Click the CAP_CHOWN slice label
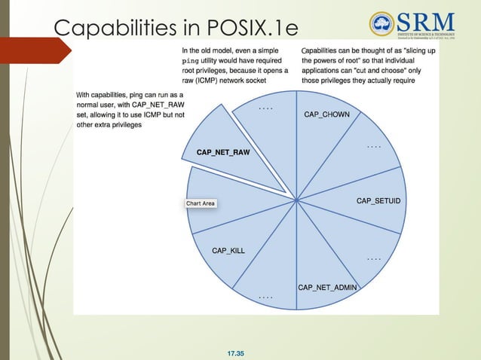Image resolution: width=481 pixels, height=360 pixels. (x=326, y=114)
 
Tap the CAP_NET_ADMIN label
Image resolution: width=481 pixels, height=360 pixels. (x=327, y=287)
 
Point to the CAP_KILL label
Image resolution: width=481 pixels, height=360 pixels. (x=228, y=250)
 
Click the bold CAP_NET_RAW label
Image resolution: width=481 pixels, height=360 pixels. (x=222, y=152)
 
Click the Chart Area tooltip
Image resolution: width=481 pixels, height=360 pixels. (x=201, y=203)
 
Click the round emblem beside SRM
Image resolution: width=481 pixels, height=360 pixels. (x=382, y=24)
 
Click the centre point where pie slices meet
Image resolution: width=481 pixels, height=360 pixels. (x=297, y=200)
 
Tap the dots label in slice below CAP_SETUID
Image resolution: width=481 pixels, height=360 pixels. (x=374, y=258)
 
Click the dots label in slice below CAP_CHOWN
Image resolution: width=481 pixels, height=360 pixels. (x=373, y=145)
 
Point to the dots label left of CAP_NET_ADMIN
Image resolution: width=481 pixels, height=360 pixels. (x=265, y=297)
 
